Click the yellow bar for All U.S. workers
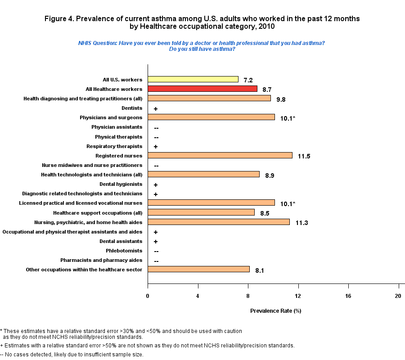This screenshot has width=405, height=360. (193, 79)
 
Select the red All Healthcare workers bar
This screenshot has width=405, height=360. (202, 89)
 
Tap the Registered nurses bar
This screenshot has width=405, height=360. (220, 155)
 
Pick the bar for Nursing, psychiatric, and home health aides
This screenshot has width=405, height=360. (219, 222)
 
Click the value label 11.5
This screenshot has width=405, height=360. (304, 157)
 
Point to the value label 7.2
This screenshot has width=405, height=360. (248, 81)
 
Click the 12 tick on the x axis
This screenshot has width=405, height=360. (298, 295)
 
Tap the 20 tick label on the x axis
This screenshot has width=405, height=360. (397, 295)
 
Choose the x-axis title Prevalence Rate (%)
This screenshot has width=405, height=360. (275, 311)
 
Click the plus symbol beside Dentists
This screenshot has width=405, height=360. (155, 109)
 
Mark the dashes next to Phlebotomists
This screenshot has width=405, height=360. (156, 251)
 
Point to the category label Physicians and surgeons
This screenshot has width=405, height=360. (111, 117)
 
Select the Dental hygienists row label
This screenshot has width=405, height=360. (121, 184)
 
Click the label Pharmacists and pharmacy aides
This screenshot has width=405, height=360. (101, 260)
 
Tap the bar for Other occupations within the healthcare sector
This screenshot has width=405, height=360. (198, 269)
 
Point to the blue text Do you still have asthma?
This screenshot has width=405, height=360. (202, 49)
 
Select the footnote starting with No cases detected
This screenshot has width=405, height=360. (73, 355)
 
